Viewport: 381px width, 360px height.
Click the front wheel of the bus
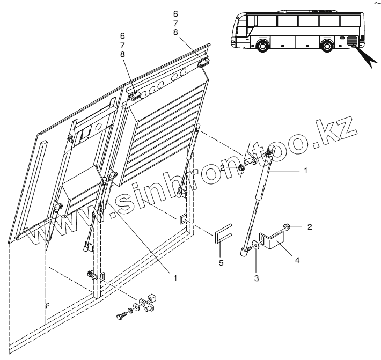point(262,46)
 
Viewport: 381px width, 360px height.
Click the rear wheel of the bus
point(327,45)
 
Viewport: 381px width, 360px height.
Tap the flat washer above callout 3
point(256,246)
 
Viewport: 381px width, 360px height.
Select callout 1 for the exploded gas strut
point(305,171)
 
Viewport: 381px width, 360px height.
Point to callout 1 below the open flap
point(175,277)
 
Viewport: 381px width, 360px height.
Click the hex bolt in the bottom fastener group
point(120,316)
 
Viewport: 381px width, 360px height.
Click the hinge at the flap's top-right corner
point(203,62)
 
